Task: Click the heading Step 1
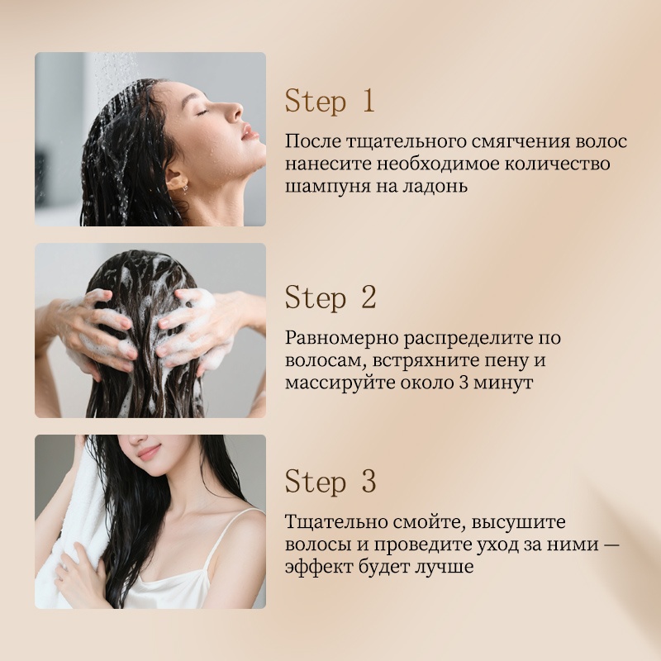[330, 101]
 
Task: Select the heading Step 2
[330, 297]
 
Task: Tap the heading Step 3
[330, 482]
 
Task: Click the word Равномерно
[341, 339]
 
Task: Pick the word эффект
[318, 567]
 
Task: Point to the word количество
[557, 164]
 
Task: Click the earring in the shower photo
[184, 188]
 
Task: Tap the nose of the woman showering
[235, 112]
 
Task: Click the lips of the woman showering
[250, 132]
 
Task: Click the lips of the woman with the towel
[149, 452]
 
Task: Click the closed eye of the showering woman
[202, 112]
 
